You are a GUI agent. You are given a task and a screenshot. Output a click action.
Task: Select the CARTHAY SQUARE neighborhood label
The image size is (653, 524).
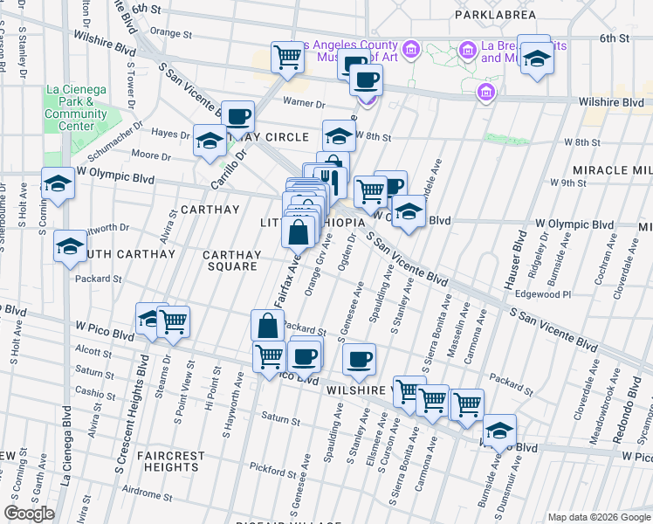[231, 260]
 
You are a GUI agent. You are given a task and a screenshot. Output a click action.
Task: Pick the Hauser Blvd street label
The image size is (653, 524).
[514, 261]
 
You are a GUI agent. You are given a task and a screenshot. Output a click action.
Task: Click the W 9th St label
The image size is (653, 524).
[568, 183]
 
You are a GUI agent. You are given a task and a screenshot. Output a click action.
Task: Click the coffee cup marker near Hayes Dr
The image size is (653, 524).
[237, 116]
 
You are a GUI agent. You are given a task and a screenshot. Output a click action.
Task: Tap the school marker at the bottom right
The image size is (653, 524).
[499, 430]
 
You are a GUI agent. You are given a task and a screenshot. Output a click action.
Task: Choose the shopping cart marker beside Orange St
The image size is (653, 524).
[286, 58]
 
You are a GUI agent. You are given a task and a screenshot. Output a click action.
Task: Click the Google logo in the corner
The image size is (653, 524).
[29, 514]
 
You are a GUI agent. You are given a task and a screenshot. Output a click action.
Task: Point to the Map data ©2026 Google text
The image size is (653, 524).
[599, 516]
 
